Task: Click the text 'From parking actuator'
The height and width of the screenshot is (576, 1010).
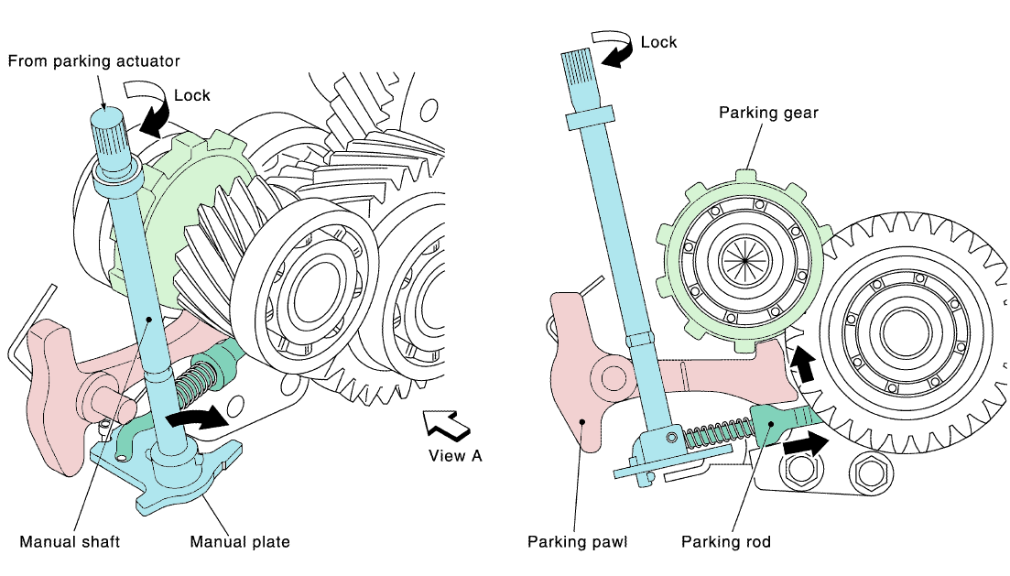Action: click(x=94, y=61)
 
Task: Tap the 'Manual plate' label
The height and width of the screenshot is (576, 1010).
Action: click(x=240, y=541)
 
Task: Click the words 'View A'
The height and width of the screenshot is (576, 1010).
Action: click(x=455, y=455)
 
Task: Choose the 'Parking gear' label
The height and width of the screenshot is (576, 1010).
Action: click(x=768, y=113)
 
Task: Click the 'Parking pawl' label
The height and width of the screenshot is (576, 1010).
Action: click(x=577, y=541)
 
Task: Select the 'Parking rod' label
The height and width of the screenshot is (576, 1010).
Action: click(x=726, y=541)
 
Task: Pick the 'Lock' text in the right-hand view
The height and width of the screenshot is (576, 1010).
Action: click(x=658, y=42)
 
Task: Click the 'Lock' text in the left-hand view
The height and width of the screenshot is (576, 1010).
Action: click(x=191, y=95)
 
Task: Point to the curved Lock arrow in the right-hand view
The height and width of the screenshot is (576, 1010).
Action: click(x=613, y=48)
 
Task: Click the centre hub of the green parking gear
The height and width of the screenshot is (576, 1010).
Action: click(x=744, y=259)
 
